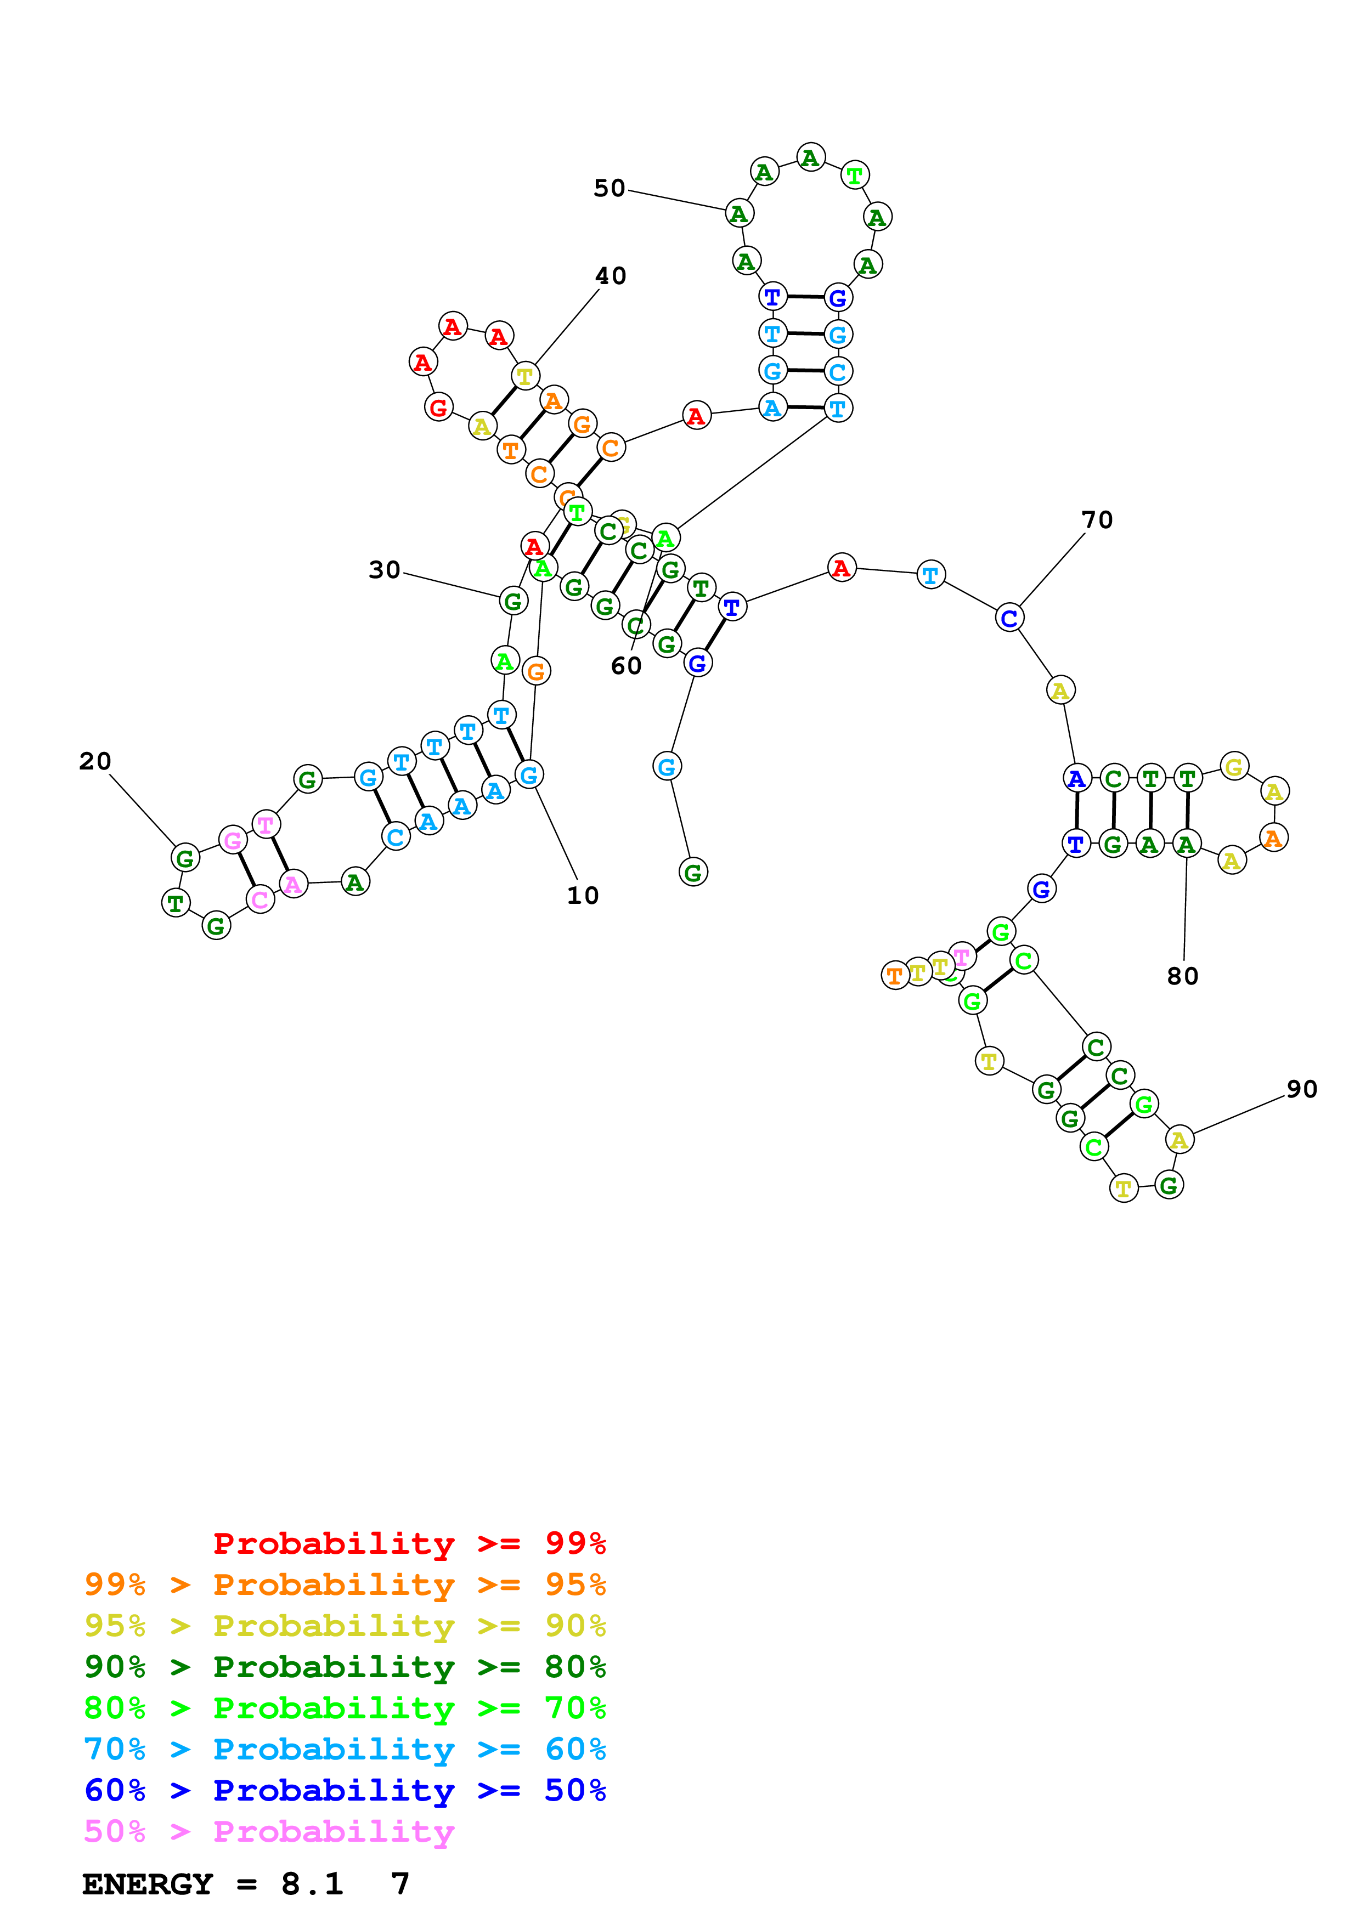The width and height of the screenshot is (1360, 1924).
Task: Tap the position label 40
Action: pos(610,276)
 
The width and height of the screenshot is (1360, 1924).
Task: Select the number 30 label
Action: pos(385,570)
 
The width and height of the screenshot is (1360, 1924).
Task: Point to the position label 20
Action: pos(95,762)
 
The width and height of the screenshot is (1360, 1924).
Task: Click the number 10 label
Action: pos(583,896)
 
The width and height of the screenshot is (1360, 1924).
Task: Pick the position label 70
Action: pos(1097,520)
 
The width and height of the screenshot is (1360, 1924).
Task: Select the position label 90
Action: pos(1301,1089)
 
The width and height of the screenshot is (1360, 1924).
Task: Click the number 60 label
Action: pos(626,666)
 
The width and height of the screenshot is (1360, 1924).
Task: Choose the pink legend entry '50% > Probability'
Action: pos(269,1832)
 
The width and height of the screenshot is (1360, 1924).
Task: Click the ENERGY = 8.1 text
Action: pos(213,1885)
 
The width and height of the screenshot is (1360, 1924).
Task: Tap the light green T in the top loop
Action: pos(855,176)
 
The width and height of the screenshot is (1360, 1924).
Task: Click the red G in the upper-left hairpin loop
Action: pos(438,408)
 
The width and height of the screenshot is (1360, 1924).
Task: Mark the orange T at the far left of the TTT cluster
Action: pos(895,975)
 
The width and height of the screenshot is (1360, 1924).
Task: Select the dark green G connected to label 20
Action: pos(185,858)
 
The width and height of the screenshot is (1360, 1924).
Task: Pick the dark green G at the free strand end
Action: pos(693,873)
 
